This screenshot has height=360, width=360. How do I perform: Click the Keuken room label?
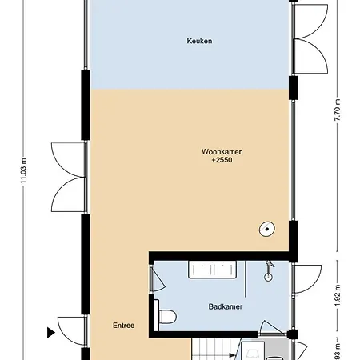click(x=198, y=41)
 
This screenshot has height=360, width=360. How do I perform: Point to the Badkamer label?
click(x=226, y=306)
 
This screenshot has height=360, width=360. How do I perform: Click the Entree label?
click(x=123, y=326)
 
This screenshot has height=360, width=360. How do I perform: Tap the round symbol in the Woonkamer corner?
click(x=266, y=230)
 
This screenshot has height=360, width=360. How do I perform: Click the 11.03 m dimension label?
click(x=25, y=171)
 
